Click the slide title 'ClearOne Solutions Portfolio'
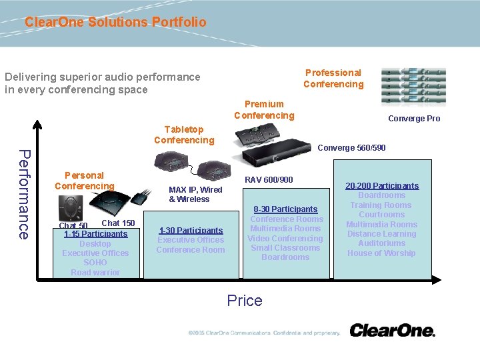click(115, 22)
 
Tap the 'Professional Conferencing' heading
click(333, 79)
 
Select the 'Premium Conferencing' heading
click(264, 110)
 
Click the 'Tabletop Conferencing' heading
click(184, 135)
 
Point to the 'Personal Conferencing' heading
click(85, 181)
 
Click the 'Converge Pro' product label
click(414, 119)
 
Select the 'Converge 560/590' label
click(351, 148)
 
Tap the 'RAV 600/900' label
click(269, 180)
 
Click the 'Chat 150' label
click(118, 223)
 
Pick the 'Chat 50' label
click(73, 226)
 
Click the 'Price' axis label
click(245, 301)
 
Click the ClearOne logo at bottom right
click(392, 330)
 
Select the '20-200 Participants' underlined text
click(382, 186)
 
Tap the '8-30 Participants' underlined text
click(285, 209)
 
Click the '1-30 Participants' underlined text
click(191, 231)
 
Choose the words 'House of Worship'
click(381, 253)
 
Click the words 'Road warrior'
click(95, 273)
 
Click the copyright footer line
click(264, 333)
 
